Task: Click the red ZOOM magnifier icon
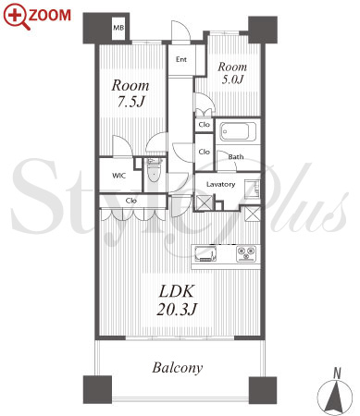pos(17,17)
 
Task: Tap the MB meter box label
pos(118,28)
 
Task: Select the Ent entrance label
pos(181,59)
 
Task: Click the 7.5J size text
pos(130,102)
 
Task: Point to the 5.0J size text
pos(232,80)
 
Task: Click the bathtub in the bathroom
pos(237,131)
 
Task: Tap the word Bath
pos(236,157)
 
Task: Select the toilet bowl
pos(153,174)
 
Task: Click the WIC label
pos(118,176)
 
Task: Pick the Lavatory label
pos(220,184)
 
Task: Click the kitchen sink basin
pos(205,253)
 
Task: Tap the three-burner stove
pos(246,253)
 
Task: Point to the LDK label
pos(177,291)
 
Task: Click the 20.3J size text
pos(177,309)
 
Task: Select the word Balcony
pos(178,368)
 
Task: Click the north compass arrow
pos(335,397)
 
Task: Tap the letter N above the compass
pos(337,373)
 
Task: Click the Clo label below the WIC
pos(131,201)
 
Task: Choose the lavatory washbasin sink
pos(253,189)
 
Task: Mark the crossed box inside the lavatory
pos(204,203)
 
